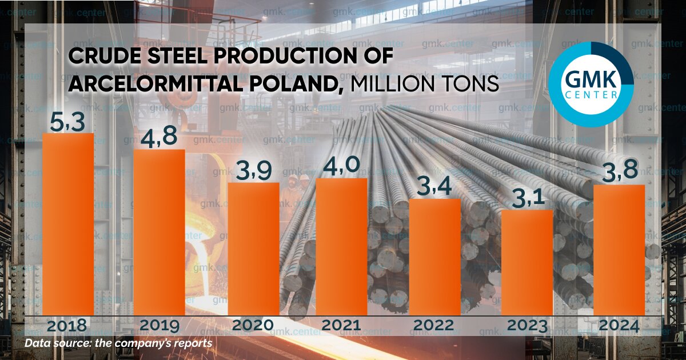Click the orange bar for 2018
coord(68,224)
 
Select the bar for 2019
coord(159,232)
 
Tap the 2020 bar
coord(253,249)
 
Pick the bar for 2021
coord(341,246)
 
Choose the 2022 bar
coord(434,257)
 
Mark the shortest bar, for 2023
coord(527,262)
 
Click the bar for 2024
coord(619,250)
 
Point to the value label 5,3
coord(67,122)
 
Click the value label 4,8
coord(158,138)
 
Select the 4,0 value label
coord(341,166)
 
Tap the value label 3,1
coord(527,198)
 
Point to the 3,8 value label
coord(619,173)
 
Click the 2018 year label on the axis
coord(67,326)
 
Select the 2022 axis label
coord(434,326)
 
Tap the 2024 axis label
coord(619,326)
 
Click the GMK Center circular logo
coord(591,84)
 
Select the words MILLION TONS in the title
coord(424,85)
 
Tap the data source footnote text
coord(118,343)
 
